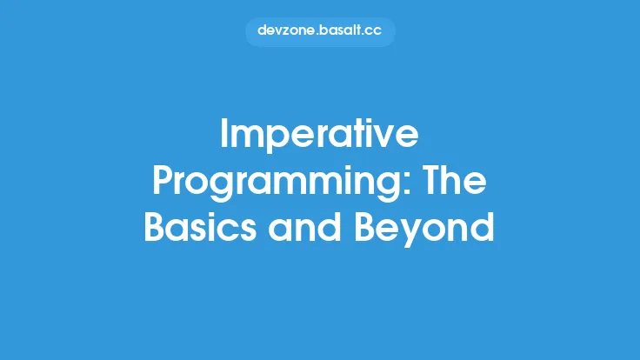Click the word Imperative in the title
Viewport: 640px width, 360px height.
[320, 136]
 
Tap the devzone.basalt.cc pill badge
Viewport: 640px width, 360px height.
[320, 32]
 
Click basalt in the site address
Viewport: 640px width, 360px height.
[341, 32]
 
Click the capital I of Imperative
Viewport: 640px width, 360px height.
[225, 136]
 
